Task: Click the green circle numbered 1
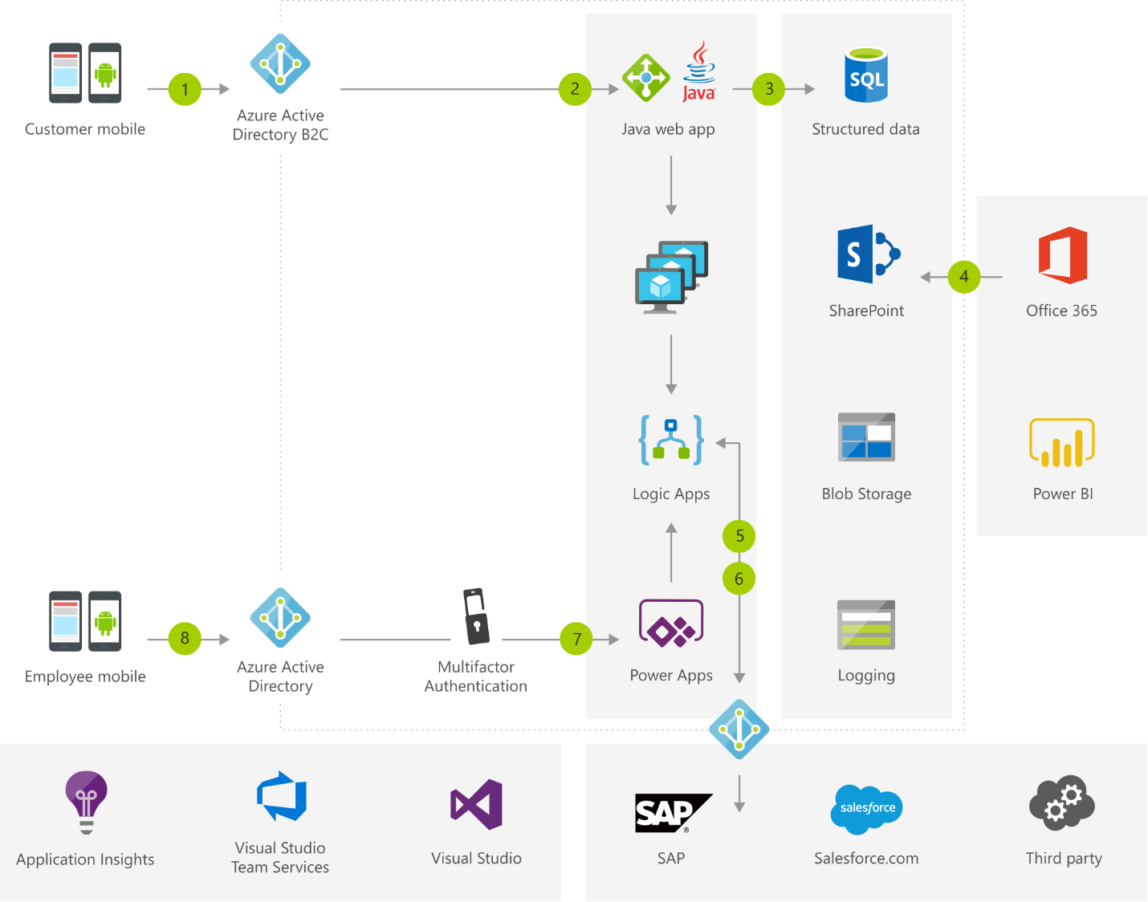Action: pyautogui.click(x=185, y=89)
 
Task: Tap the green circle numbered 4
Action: pyautogui.click(x=963, y=277)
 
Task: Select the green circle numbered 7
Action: pyautogui.click(x=576, y=639)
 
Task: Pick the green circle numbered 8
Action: pyautogui.click(x=185, y=639)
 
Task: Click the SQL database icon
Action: pyautogui.click(x=866, y=75)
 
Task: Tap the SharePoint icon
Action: pyautogui.click(x=868, y=254)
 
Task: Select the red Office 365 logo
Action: pyautogui.click(x=1062, y=255)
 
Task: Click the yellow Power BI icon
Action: pyautogui.click(x=1062, y=442)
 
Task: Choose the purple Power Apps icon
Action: pyautogui.click(x=671, y=624)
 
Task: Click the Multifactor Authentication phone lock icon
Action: pyautogui.click(x=476, y=616)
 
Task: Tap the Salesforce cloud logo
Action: pyautogui.click(x=867, y=807)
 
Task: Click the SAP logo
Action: pyautogui.click(x=671, y=813)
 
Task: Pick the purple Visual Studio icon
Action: pyautogui.click(x=477, y=804)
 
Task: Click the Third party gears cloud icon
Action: pyautogui.click(x=1062, y=802)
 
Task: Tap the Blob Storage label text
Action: pyautogui.click(x=866, y=494)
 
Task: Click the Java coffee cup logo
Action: pyautogui.click(x=699, y=72)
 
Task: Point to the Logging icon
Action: pyautogui.click(x=866, y=624)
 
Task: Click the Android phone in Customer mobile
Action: pyautogui.click(x=105, y=73)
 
